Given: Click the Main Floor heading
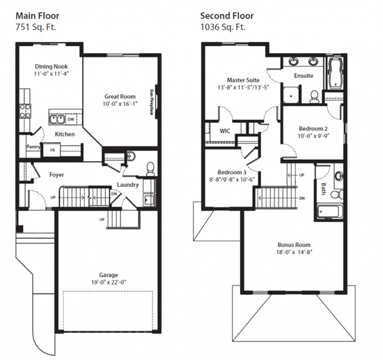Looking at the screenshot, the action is [x=37, y=16].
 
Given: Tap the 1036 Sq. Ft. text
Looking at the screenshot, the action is [x=223, y=27].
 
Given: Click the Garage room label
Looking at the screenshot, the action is [x=108, y=275].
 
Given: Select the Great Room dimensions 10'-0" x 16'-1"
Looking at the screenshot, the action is [x=119, y=104].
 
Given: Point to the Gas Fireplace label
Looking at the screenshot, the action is [x=151, y=102].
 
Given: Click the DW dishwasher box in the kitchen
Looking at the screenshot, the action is [x=71, y=120].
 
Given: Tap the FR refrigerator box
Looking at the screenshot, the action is [x=52, y=150].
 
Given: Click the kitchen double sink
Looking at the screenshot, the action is [x=57, y=120].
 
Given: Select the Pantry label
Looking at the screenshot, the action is [x=34, y=147].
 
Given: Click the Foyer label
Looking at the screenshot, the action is [x=57, y=175].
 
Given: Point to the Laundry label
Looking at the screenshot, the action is [x=127, y=185].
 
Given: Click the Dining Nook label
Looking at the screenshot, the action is [x=51, y=66].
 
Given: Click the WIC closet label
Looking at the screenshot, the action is [x=225, y=131].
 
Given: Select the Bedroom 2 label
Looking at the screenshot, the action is [x=313, y=129].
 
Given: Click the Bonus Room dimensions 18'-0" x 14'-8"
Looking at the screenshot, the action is [x=294, y=252].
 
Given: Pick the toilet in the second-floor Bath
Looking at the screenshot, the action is [x=336, y=195].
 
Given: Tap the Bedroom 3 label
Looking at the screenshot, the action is [x=232, y=173].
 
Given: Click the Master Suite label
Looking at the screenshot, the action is [x=243, y=80].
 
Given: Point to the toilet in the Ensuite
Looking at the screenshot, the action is [x=314, y=96].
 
